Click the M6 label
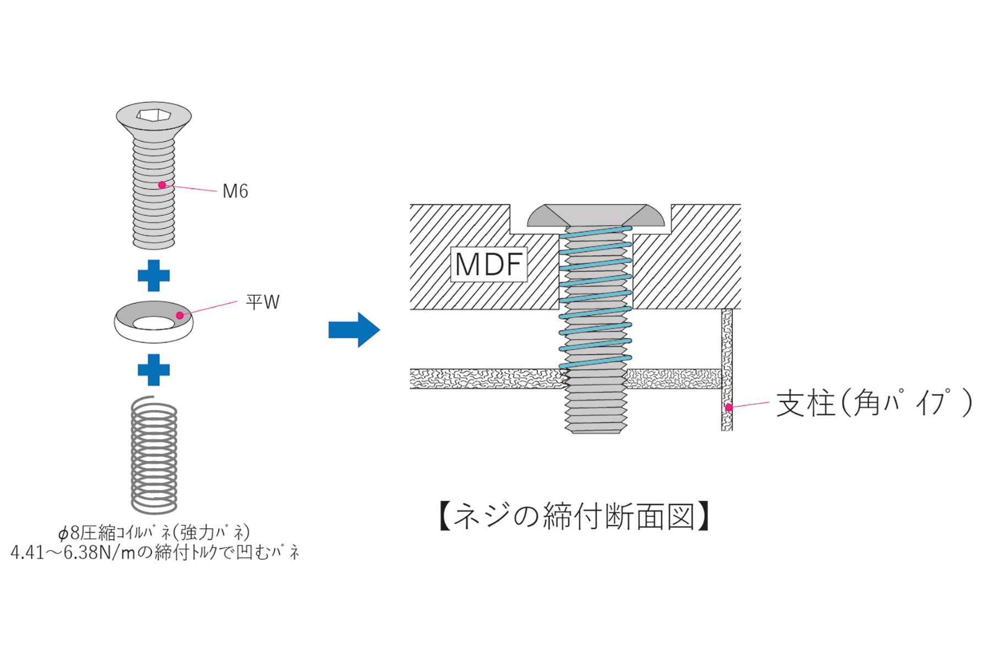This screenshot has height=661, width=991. pyautogui.click(x=235, y=191)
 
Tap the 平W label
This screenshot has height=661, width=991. pyautogui.click(x=263, y=302)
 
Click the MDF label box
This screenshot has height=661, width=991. pyautogui.click(x=489, y=264)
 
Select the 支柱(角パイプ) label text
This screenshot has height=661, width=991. pyautogui.click(x=874, y=403)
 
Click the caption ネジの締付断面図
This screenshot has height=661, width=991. pyautogui.click(x=574, y=516)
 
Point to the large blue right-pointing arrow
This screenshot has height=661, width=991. pyautogui.click(x=354, y=330)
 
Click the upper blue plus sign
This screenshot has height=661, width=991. pyautogui.click(x=154, y=275)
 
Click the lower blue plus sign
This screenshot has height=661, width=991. pyautogui.click(x=154, y=370)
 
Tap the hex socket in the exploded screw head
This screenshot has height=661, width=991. pyautogui.click(x=154, y=115)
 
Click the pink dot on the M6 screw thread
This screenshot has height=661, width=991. pyautogui.click(x=162, y=185)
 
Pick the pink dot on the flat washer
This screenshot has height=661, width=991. pyautogui.click(x=180, y=316)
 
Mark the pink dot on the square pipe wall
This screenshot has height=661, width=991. pyautogui.click(x=728, y=408)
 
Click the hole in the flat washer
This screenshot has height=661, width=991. pyautogui.click(x=154, y=323)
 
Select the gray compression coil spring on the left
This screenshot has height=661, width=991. pyautogui.click(x=154, y=455)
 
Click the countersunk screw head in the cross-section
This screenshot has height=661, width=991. pyautogui.click(x=596, y=215)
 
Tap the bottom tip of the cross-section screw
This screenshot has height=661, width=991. pyautogui.click(x=596, y=432)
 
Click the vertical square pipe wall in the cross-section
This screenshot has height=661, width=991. pyautogui.click(x=727, y=370)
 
